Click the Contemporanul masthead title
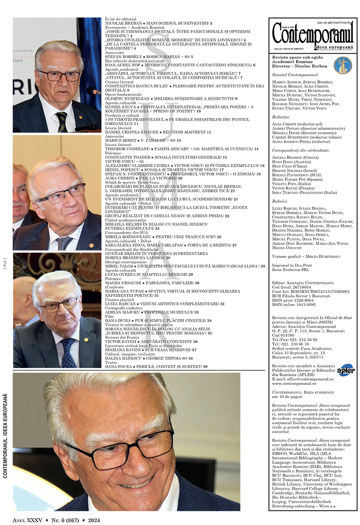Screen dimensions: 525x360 (312, 32)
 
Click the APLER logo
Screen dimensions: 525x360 (345, 369)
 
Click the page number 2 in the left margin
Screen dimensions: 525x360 (5, 264)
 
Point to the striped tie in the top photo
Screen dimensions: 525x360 (61, 122)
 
